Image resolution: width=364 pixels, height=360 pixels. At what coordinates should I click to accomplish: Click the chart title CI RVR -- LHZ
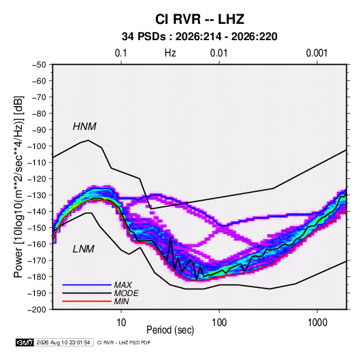point(199,19)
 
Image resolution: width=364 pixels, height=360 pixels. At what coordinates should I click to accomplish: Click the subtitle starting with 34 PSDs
point(199,37)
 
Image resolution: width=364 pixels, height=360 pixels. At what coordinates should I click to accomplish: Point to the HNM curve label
point(84,127)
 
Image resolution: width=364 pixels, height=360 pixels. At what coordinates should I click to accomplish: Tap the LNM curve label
point(84,249)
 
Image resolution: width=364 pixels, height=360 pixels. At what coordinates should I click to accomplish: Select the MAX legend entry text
point(122,284)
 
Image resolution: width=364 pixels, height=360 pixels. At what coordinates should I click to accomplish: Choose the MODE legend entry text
point(126,293)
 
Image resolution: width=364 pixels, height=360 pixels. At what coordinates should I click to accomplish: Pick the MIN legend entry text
point(121,301)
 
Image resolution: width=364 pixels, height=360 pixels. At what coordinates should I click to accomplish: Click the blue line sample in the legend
point(87,284)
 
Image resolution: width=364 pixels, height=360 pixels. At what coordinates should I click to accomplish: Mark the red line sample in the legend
point(87,301)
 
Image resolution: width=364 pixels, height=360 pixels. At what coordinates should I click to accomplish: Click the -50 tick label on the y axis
point(39,65)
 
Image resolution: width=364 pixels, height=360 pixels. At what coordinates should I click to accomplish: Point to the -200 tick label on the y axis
point(37,310)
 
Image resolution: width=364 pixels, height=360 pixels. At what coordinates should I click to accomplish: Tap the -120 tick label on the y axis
point(37,179)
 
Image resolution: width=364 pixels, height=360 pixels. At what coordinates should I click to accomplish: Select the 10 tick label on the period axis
point(121,323)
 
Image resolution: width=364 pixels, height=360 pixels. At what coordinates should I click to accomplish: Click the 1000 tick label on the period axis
point(317,323)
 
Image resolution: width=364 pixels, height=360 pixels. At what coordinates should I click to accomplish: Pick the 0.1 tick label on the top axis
point(121,53)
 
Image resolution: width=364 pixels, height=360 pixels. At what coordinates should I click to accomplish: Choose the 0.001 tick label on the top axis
point(316,53)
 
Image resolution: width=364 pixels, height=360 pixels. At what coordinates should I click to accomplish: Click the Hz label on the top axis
point(170,53)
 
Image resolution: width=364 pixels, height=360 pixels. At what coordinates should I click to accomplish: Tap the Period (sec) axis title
point(170,329)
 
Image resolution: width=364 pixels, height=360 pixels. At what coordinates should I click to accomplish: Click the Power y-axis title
point(19,186)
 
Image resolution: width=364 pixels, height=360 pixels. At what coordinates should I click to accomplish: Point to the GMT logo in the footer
point(24,342)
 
